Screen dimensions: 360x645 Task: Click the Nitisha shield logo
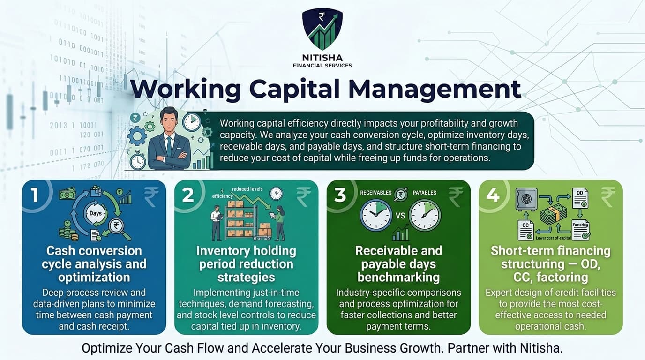(322, 30)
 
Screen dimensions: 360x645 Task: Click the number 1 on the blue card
(35, 195)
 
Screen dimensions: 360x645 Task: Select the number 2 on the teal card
(187, 195)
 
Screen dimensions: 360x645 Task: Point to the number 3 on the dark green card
(340, 195)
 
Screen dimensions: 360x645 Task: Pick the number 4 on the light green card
(493, 195)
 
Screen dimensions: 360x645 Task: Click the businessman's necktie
(169, 146)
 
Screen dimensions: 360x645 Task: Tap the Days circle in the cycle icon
(95, 214)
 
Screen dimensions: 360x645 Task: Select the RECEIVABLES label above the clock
(375, 193)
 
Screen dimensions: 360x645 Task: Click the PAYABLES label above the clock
(424, 193)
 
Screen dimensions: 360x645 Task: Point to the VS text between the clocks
(400, 216)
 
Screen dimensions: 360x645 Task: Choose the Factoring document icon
(581, 229)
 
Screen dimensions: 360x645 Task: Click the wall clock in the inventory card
(276, 193)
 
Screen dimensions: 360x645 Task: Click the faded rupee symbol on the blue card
(151, 197)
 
